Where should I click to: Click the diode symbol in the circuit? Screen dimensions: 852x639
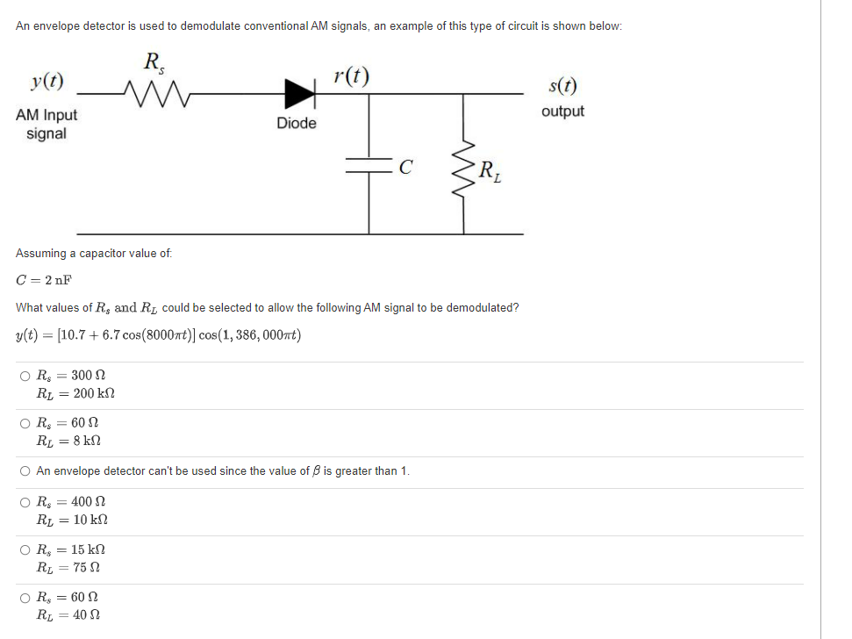pyautogui.click(x=300, y=90)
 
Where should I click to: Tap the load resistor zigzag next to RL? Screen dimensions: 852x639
pyautogui.click(x=465, y=167)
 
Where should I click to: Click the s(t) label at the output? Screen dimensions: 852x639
pyautogui.click(x=562, y=87)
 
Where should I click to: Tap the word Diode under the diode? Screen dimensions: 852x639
pyautogui.click(x=297, y=123)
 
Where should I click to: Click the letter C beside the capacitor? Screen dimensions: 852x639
pyautogui.click(x=405, y=167)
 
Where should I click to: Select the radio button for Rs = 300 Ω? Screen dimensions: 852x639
pyautogui.click(x=25, y=377)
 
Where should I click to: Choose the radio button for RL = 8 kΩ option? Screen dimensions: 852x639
pyautogui.click(x=25, y=424)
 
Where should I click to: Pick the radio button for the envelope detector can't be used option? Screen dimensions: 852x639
pyautogui.click(x=25, y=471)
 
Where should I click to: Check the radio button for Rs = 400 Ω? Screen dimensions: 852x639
pyautogui.click(x=25, y=503)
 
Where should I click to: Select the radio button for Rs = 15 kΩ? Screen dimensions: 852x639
pyautogui.click(x=25, y=550)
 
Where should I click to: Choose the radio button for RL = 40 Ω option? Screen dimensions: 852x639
pyautogui.click(x=25, y=599)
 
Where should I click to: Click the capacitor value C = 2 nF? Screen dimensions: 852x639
pyautogui.click(x=44, y=280)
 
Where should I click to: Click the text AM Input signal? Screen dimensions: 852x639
pyautogui.click(x=47, y=124)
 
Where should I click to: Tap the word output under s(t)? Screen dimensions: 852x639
pyautogui.click(x=562, y=111)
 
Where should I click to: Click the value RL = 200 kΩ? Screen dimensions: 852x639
pyautogui.click(x=75, y=393)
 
